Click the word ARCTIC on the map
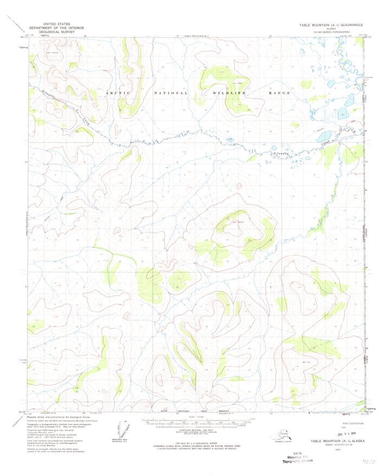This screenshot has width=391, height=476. click(x=118, y=93)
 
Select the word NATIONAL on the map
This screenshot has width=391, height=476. click(x=171, y=93)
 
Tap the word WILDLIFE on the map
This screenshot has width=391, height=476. click(x=228, y=93)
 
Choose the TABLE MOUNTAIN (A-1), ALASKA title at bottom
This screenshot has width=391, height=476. click(x=336, y=442)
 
